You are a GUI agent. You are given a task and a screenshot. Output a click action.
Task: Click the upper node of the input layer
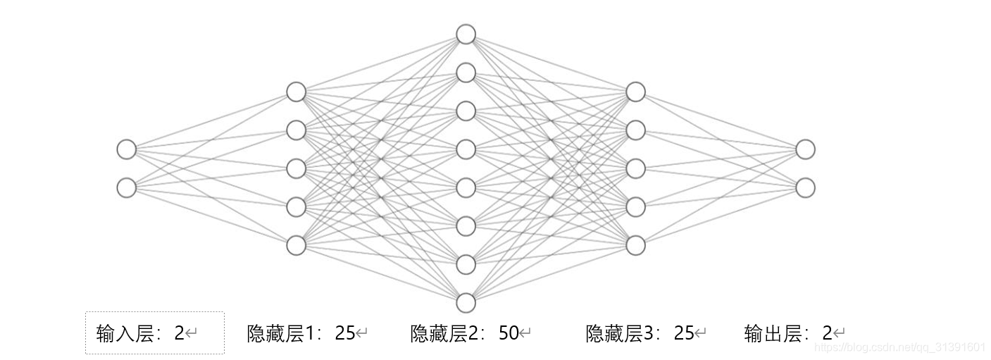[x=126, y=149]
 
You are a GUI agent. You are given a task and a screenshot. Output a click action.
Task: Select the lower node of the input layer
[x=126, y=187]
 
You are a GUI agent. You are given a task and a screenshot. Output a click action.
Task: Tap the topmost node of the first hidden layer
[x=296, y=92]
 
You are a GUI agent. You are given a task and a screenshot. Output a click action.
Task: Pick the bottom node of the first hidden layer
[x=296, y=244]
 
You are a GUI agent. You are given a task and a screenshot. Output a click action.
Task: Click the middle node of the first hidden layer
[x=296, y=168]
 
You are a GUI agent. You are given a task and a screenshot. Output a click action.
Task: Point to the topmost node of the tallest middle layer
[x=466, y=34]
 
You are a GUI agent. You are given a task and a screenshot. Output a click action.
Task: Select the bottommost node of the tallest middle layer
[x=466, y=302]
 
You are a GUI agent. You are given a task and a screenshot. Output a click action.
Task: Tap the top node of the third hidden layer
[x=635, y=92]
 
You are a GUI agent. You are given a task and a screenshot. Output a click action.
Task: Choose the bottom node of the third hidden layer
[x=635, y=244]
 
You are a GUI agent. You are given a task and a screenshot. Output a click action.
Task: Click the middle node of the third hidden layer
[x=635, y=168]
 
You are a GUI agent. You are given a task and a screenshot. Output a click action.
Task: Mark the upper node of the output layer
[x=805, y=149]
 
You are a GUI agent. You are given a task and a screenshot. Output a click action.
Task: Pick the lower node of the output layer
[x=805, y=187]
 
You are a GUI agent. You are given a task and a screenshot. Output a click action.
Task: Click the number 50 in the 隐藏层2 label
[x=509, y=333]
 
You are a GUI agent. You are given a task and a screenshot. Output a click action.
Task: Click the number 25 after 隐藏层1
[x=345, y=333]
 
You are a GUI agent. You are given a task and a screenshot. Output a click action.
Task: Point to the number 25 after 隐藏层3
[x=684, y=333]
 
